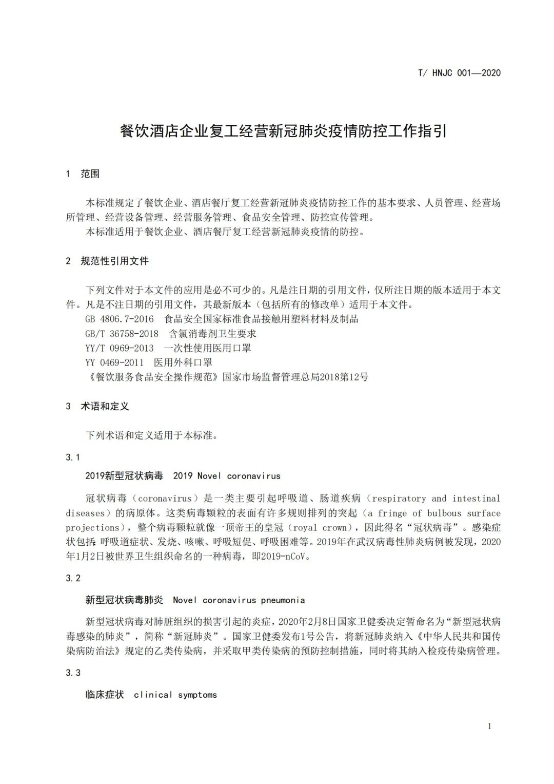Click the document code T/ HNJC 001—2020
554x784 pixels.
pyautogui.click(x=459, y=72)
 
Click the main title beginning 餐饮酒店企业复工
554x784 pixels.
pyautogui.click(x=283, y=131)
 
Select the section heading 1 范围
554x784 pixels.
pyautogui.click(x=83, y=174)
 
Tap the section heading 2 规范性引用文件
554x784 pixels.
pyautogui.click(x=107, y=261)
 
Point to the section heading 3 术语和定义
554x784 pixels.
pyautogui.click(x=97, y=406)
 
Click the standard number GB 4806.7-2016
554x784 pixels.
pyautogui.click(x=120, y=319)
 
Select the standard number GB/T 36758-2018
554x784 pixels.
pyautogui.click(x=122, y=333)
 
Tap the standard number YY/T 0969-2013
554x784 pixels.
pyautogui.click(x=120, y=348)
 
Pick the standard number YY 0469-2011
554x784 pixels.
pyautogui.click(x=115, y=362)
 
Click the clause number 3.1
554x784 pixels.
pyautogui.click(x=73, y=457)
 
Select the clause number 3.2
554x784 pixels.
pyautogui.click(x=73, y=578)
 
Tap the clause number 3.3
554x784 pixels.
pyautogui.click(x=73, y=673)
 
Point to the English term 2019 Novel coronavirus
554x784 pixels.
pyautogui.click(x=227, y=476)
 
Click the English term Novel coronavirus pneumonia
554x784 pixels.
pyautogui.click(x=239, y=600)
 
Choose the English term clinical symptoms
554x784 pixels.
pyautogui.click(x=175, y=695)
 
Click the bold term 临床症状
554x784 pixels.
pyautogui.click(x=105, y=695)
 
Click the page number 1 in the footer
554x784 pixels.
pyautogui.click(x=489, y=726)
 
